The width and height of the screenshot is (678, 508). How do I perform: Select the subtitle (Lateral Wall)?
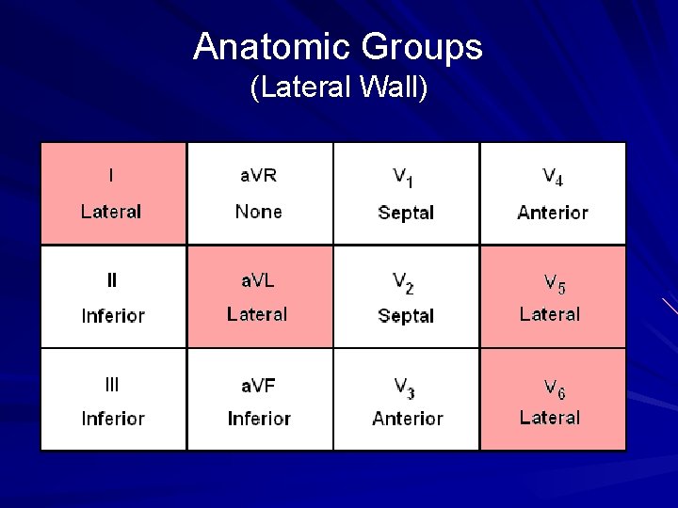pyautogui.click(x=339, y=88)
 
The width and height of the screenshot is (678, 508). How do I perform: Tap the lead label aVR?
pyautogui.click(x=258, y=175)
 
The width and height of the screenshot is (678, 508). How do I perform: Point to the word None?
pyautogui.click(x=258, y=212)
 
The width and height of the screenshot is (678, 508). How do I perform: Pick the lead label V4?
pyautogui.click(x=552, y=177)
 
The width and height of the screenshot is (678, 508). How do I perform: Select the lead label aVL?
pyautogui.click(x=257, y=279)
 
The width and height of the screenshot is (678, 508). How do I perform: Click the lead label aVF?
pyautogui.click(x=258, y=384)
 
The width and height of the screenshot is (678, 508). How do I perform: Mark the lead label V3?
pyautogui.click(x=406, y=386)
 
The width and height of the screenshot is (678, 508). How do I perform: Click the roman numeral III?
pyautogui.click(x=112, y=384)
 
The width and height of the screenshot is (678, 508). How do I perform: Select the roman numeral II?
pyautogui.click(x=112, y=279)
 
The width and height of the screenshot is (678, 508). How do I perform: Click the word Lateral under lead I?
pyautogui.click(x=111, y=212)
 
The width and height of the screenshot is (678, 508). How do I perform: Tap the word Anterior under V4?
pyautogui.click(x=552, y=213)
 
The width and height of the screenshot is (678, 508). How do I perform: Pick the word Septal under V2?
pyautogui.click(x=406, y=316)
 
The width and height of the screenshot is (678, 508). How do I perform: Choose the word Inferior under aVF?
pyautogui.click(x=259, y=419)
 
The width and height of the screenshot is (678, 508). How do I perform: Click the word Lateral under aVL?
pyautogui.click(x=257, y=314)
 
